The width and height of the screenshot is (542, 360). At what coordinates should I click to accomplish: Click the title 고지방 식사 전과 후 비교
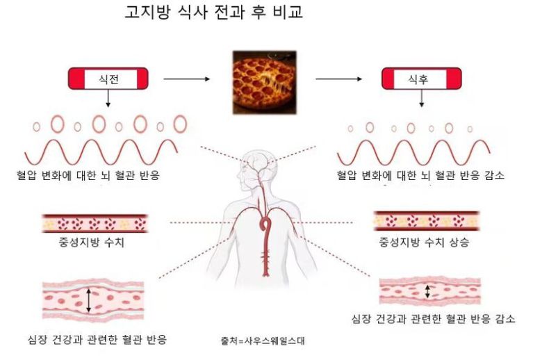(204, 13)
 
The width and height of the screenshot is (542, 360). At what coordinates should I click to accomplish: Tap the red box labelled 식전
(108, 79)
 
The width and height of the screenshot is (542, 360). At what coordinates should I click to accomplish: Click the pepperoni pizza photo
(264, 82)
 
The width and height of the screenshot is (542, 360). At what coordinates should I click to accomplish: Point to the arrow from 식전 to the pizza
(186, 79)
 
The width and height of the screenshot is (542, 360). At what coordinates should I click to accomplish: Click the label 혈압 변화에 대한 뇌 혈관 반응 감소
(420, 176)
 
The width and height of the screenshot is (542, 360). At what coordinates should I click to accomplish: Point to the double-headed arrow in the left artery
(89, 300)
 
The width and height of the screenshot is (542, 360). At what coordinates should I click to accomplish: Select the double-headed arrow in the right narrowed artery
(429, 291)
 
